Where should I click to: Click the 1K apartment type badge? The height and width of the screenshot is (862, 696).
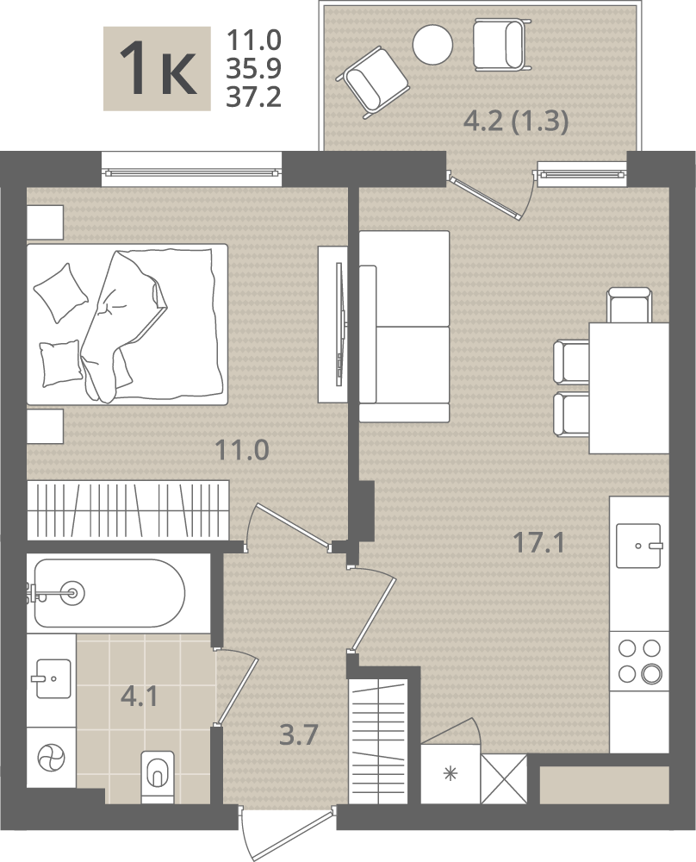[x=157, y=69]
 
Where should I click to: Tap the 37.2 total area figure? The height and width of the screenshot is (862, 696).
[x=254, y=97]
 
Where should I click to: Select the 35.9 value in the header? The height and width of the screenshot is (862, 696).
[x=254, y=69]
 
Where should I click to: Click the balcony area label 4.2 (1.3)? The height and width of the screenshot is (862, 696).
[x=516, y=121]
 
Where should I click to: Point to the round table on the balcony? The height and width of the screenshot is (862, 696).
[x=433, y=44]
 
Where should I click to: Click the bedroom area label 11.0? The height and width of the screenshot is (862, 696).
[x=242, y=450]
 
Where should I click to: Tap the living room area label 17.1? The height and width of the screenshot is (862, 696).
[x=538, y=543]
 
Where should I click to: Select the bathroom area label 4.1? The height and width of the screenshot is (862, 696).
[x=140, y=696]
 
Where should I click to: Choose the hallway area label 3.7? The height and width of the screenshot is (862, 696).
[x=298, y=734]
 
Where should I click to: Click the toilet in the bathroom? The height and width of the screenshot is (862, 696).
[x=158, y=777]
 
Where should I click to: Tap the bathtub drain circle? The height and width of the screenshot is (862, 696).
[x=72, y=593]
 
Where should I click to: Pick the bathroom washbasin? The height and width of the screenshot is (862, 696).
[x=53, y=678]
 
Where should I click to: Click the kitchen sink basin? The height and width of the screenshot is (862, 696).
[x=638, y=546]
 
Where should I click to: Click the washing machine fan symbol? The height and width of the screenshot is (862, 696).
[x=51, y=758]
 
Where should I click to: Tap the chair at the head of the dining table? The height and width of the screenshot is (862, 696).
[x=630, y=304]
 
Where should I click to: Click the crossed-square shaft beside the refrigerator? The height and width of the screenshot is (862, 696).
[x=504, y=778]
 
